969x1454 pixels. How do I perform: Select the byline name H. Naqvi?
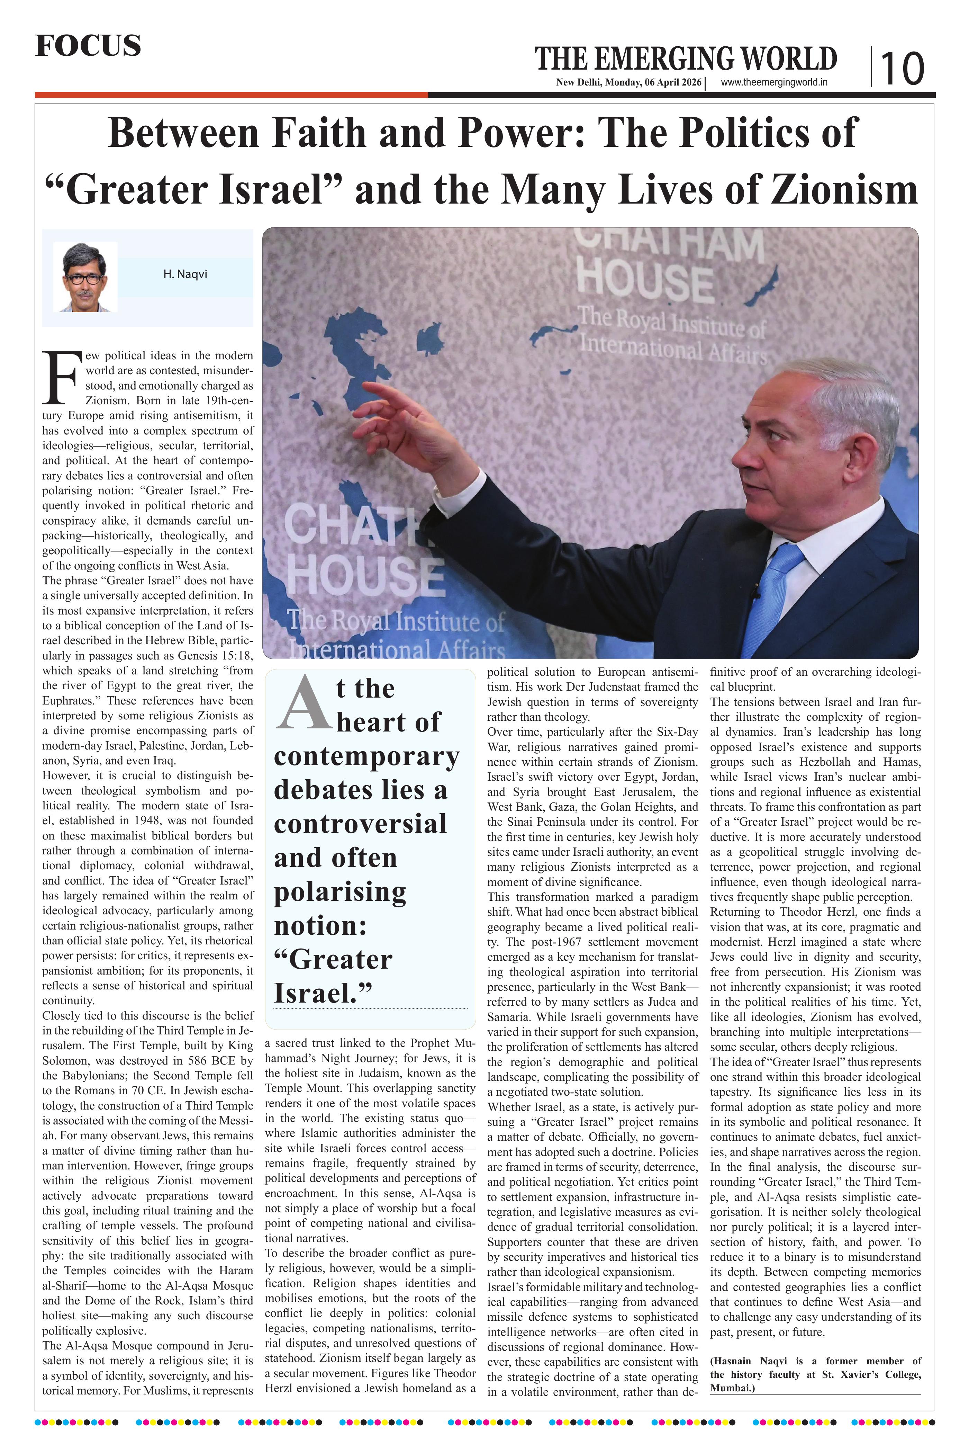tap(185, 274)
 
